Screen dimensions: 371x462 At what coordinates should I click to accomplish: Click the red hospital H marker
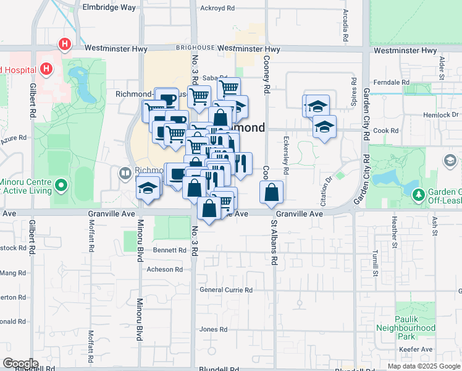point(65,45)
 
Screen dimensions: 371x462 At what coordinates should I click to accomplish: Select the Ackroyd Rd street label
point(218,9)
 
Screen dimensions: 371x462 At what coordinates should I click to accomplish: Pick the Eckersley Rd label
point(286,151)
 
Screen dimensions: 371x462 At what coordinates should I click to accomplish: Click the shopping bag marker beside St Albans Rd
point(272,192)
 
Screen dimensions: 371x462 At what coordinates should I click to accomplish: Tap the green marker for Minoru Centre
point(61,185)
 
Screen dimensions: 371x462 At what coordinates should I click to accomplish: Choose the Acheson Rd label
point(164,270)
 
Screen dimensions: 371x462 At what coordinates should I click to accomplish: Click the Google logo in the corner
point(20,364)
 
